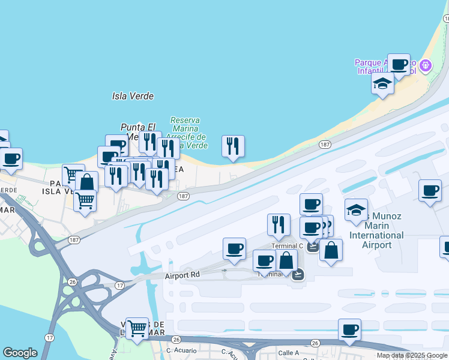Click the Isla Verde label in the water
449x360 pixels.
(133, 96)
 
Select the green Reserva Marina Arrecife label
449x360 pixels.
(188, 133)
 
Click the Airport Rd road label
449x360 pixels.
(182, 276)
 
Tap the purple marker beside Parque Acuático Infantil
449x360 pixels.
(426, 65)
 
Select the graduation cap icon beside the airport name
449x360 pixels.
(357, 211)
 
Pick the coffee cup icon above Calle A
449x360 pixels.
(349, 329)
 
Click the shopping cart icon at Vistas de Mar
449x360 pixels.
(137, 329)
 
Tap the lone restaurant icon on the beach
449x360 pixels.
(233, 146)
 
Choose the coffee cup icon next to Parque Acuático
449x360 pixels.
(399, 65)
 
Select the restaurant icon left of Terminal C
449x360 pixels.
(279, 225)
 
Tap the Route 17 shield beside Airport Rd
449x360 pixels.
(119, 286)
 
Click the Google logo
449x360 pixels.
(20, 353)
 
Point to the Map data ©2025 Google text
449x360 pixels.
(412, 356)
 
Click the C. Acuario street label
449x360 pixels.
(178, 350)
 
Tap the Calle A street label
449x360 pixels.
(288, 352)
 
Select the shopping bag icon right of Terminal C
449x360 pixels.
(331, 250)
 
